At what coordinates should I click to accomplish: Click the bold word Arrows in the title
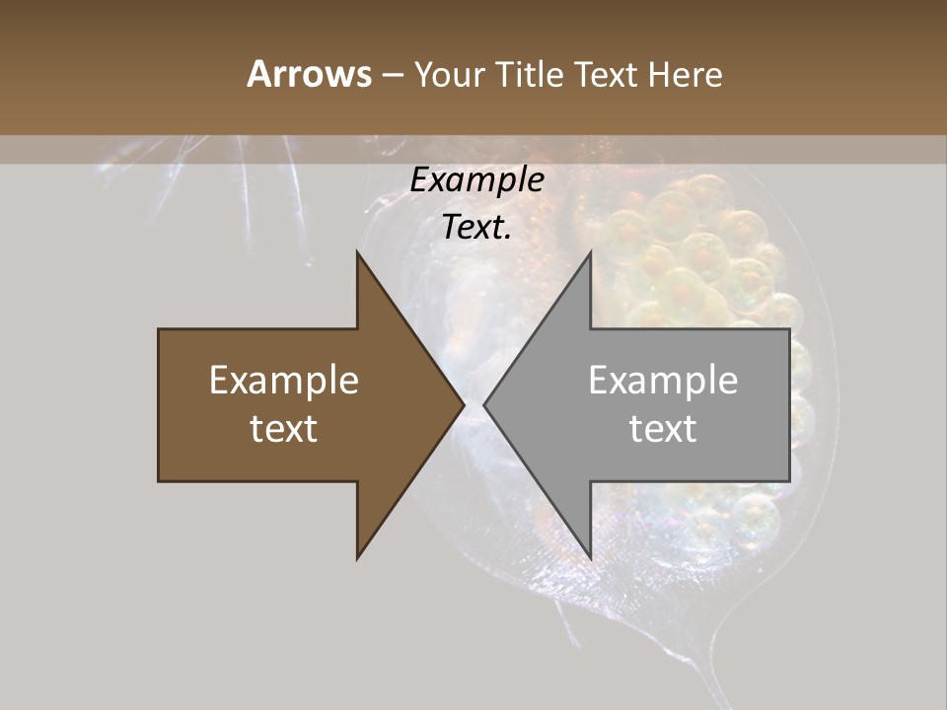click(x=308, y=74)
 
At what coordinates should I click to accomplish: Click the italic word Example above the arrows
click(x=476, y=179)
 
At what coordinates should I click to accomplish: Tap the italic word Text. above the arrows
click(x=476, y=227)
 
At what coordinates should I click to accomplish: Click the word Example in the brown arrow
click(x=284, y=380)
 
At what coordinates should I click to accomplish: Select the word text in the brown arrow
click(x=284, y=429)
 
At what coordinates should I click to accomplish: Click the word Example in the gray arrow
click(x=663, y=380)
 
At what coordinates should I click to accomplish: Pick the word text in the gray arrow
click(x=663, y=429)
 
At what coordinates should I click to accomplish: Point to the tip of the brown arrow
click(x=464, y=404)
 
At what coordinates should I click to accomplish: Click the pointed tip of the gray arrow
click(x=484, y=404)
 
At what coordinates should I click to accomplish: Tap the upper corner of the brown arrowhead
click(x=357, y=251)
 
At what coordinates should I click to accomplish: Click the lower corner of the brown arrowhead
click(x=357, y=558)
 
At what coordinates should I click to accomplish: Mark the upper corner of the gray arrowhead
click(x=590, y=251)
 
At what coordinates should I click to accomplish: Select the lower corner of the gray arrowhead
click(x=590, y=558)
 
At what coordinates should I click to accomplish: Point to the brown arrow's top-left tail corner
click(x=159, y=329)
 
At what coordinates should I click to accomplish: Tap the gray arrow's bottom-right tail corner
click(x=789, y=480)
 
